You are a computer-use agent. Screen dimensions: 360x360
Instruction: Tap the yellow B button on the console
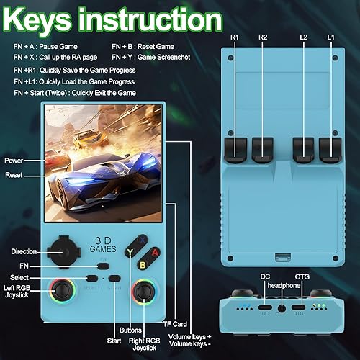pos(143,265)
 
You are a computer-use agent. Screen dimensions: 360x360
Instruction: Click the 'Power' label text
pos(14,160)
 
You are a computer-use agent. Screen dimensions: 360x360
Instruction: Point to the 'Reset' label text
pos(13,175)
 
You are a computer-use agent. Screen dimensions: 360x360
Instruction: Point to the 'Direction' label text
pos(24,251)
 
